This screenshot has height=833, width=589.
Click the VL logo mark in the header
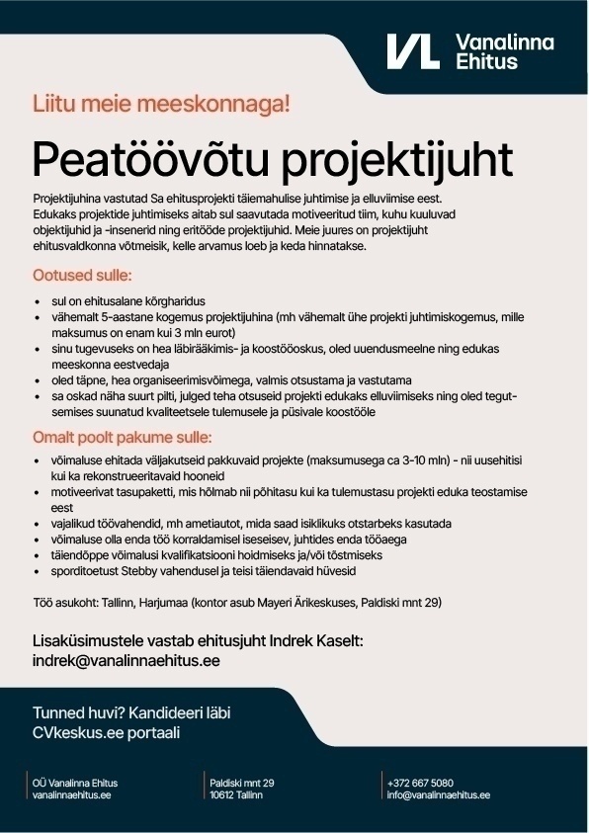tap(412, 51)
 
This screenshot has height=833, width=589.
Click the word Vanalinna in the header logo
tap(504, 42)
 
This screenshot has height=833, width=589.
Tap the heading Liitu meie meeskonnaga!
tap(161, 103)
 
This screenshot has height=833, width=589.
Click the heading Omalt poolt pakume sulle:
tap(123, 437)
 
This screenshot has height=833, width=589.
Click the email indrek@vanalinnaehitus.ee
tap(126, 660)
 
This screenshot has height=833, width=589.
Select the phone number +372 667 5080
tap(421, 783)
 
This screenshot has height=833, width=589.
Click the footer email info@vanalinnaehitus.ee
tap(439, 794)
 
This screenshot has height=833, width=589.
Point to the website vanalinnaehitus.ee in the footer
tap(71, 794)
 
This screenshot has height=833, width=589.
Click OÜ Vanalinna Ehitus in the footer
tap(75, 783)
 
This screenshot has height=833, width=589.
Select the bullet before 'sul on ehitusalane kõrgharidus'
tap(37, 300)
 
